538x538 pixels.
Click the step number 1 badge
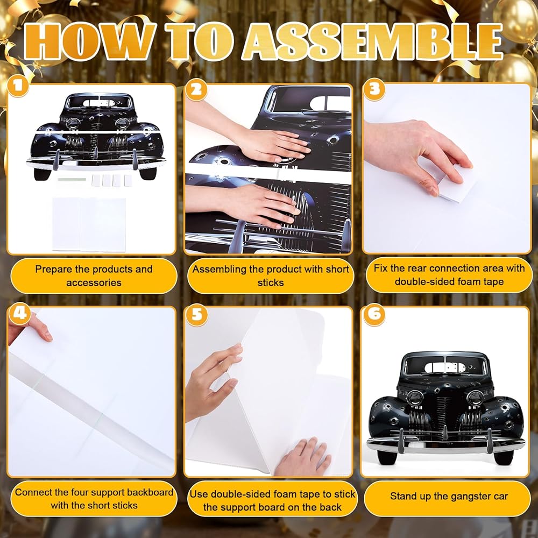coord(17,85)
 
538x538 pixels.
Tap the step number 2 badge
coord(196,90)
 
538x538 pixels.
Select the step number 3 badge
coord(374,89)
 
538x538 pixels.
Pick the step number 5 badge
coord(197,314)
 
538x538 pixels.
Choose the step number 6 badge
coord(374,314)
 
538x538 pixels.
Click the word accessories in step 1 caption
coord(94,283)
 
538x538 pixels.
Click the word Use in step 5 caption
coord(199,494)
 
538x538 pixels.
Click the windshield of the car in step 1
coord(99,102)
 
